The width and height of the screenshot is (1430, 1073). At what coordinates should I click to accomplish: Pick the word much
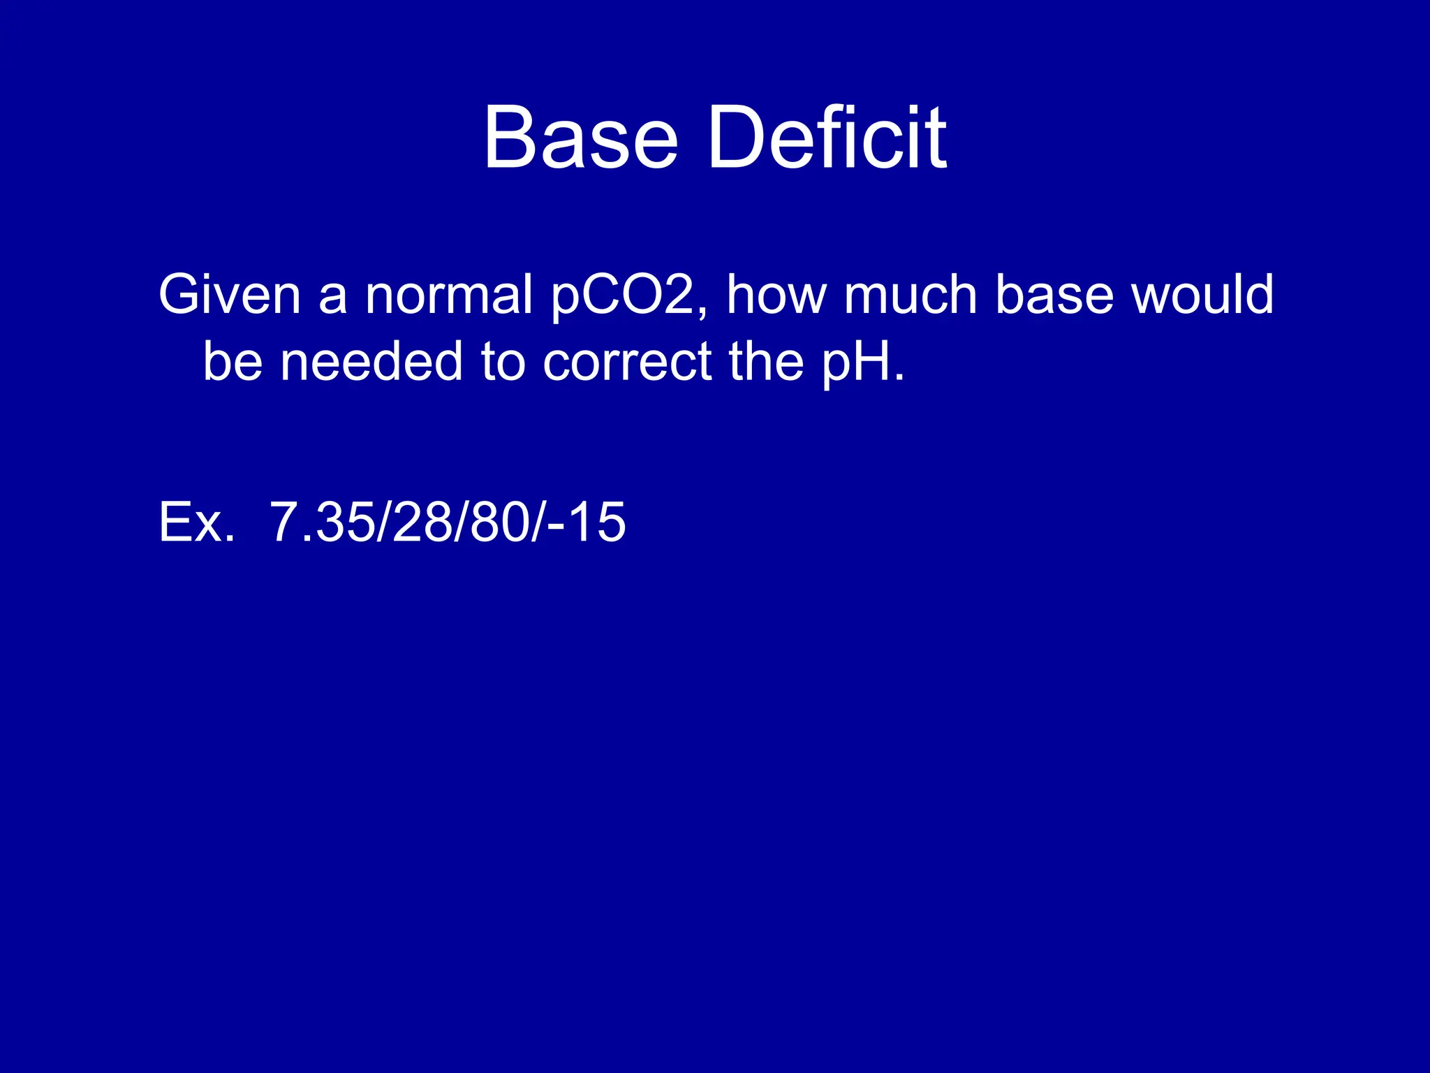coord(911,294)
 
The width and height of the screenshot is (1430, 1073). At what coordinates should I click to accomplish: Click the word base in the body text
coord(1054,294)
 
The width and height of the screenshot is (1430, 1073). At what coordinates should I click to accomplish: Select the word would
coord(1202,294)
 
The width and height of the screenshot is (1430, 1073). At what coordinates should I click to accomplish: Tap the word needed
coord(371,361)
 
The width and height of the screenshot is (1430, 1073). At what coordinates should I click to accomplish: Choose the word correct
coord(627,361)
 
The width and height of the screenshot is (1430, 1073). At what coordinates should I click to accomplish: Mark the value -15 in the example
coord(587,522)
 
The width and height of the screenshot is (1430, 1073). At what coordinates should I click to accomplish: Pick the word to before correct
coord(503,361)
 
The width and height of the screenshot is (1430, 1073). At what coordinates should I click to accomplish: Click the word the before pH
coord(766,361)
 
